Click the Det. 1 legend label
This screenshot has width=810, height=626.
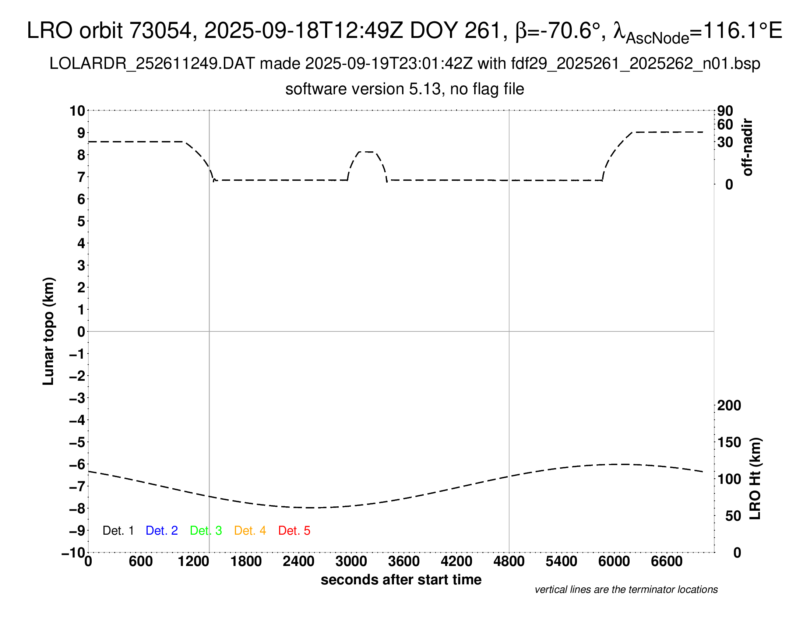[118, 531]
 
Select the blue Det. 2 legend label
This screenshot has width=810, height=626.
[162, 531]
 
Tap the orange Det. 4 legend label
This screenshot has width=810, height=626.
[250, 531]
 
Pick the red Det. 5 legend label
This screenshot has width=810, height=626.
[294, 531]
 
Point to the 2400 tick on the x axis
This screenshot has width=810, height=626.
[299, 562]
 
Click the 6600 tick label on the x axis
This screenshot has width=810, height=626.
[666, 562]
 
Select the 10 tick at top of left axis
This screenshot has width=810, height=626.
[78, 111]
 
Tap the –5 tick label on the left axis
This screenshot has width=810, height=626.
[77, 442]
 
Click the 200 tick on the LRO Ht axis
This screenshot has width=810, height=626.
[729, 405]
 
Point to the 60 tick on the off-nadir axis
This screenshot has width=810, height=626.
[725, 125]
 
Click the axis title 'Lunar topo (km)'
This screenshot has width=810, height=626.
[49, 331]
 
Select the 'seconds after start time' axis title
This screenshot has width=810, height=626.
[401, 580]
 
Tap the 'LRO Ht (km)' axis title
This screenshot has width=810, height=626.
[755, 479]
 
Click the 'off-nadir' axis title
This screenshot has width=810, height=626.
[748, 147]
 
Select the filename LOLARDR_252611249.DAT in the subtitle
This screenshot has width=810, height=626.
[152, 64]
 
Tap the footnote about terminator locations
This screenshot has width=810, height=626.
[626, 590]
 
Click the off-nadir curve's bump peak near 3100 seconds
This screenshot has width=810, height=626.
[367, 152]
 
